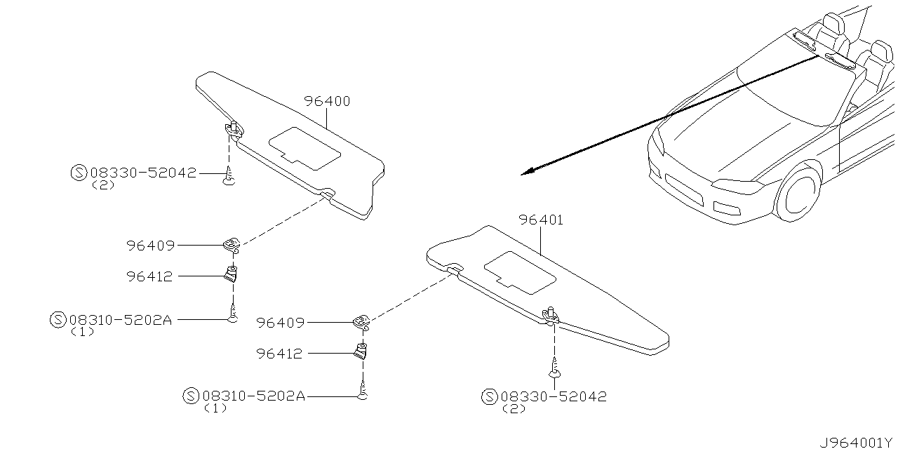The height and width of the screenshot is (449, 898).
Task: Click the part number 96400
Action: (327, 102)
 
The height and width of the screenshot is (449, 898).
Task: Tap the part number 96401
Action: (541, 220)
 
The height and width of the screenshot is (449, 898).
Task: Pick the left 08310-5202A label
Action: (120, 320)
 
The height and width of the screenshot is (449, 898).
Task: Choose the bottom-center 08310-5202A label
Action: (253, 396)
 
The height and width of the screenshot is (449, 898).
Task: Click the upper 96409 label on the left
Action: (150, 246)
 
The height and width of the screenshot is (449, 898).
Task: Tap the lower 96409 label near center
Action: (280, 323)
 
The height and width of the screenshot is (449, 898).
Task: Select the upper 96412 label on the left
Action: (150, 277)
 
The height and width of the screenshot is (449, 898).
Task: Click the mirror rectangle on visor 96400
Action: (305, 145)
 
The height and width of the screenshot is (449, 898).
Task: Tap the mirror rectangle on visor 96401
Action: (521, 271)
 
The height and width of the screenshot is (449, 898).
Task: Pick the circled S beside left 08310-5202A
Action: (59, 320)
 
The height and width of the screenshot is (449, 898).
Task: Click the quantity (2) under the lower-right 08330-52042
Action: (514, 409)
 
